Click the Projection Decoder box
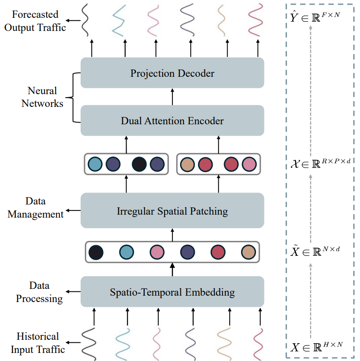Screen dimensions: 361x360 (x=172, y=73)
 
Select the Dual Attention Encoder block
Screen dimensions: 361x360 (x=172, y=120)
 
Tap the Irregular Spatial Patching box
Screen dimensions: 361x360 (x=172, y=210)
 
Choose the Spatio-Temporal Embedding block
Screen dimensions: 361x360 (x=172, y=292)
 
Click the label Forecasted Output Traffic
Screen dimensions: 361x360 (x=35, y=21)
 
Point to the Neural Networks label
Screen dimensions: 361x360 (x=42, y=97)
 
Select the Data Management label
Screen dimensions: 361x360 (x=36, y=207)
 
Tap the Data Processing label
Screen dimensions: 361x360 (x=39, y=292)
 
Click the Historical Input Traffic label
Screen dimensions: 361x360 (x=38, y=343)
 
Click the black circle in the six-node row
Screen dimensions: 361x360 (x=96, y=252)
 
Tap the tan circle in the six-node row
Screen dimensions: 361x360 (x=248, y=252)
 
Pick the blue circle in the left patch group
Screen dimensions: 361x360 (x=95, y=164)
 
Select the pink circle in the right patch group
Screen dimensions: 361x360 (x=249, y=164)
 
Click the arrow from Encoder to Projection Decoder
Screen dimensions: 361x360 (x=172, y=97)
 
